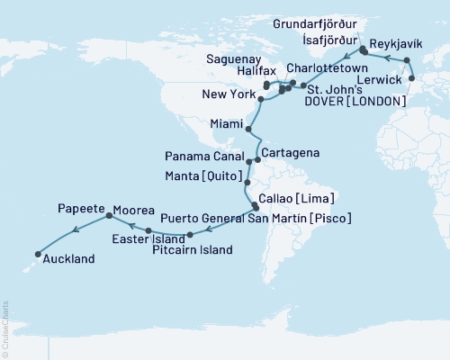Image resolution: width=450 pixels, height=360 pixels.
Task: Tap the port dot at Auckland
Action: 37,253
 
